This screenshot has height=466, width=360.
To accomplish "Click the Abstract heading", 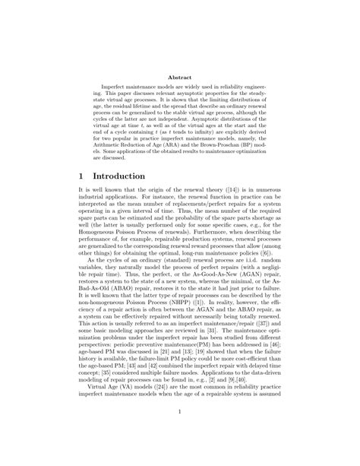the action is [179, 77].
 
